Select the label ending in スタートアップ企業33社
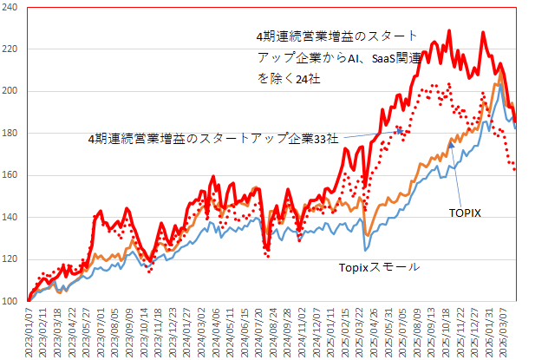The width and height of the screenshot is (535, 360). pos(214,138)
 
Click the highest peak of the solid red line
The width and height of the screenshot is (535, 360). pos(448,31)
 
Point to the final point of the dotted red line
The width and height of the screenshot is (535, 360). pos(515,169)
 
